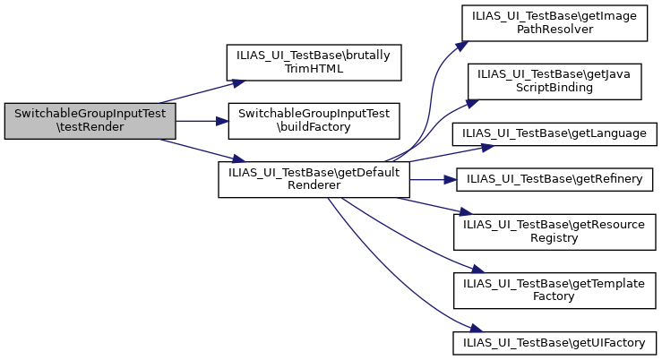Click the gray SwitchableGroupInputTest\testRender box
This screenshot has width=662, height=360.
pyautogui.click(x=90, y=121)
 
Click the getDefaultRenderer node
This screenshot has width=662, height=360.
pyautogui.click(x=314, y=179)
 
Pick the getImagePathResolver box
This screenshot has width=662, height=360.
pyautogui.click(x=554, y=23)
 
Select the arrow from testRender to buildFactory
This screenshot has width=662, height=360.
pyautogui.click(x=202, y=121)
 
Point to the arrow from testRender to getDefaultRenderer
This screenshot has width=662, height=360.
pyautogui.click(x=201, y=150)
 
